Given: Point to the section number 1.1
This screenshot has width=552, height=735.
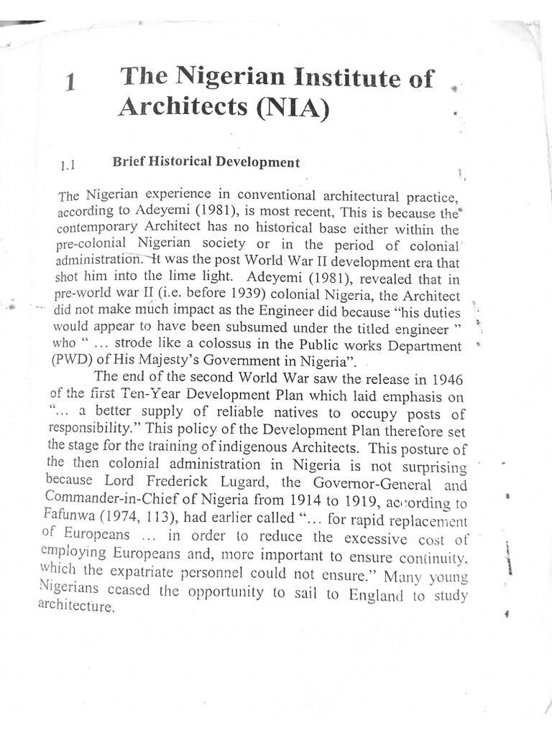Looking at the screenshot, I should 68,166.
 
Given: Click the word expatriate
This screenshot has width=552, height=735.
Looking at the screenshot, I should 161,573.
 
